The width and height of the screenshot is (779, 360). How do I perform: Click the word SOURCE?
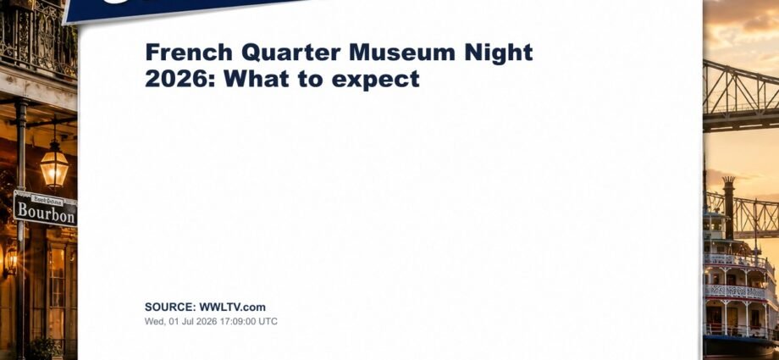tap(170, 307)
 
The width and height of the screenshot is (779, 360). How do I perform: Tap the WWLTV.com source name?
tap(233, 307)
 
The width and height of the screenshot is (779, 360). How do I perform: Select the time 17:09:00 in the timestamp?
tap(240, 321)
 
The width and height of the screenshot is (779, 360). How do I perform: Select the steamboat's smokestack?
tap(729, 208)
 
